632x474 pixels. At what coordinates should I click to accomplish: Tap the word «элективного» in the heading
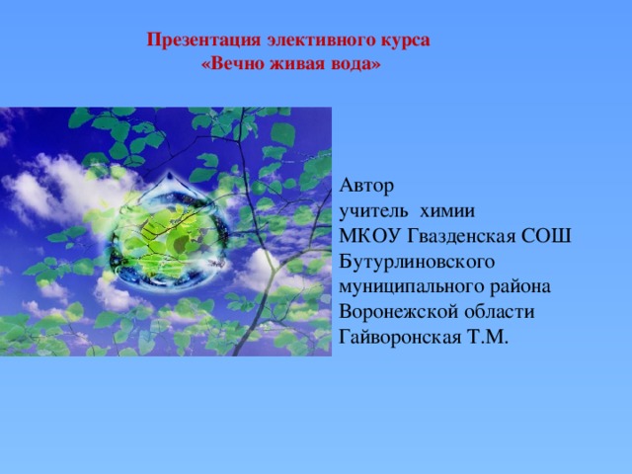(320, 40)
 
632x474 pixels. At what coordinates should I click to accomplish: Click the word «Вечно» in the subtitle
(233, 63)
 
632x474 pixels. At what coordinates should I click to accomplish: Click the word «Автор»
(366, 187)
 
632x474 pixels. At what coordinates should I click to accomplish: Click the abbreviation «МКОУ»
(370, 236)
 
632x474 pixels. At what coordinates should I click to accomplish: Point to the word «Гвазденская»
(461, 237)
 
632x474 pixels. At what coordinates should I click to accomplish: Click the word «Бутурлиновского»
(417, 262)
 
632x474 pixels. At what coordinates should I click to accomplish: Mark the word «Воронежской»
(399, 313)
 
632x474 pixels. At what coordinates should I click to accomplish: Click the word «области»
(500, 312)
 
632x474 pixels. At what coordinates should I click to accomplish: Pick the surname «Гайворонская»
(400, 338)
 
